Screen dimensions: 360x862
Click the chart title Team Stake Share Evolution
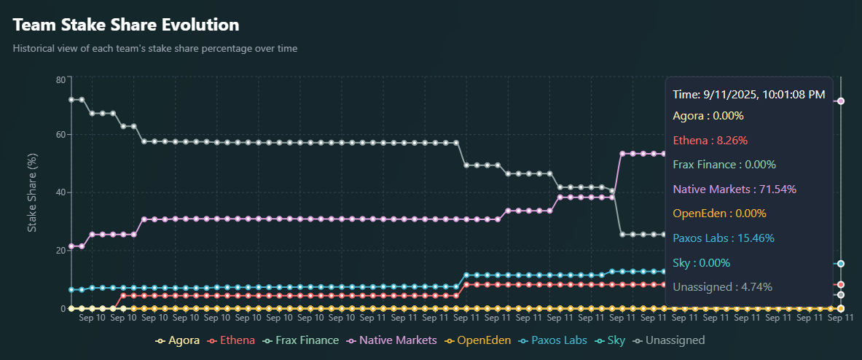[126, 25]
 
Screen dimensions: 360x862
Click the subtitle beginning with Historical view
[155, 49]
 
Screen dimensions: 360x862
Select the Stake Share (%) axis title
[32, 193]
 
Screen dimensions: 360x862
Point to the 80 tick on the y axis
[60, 79]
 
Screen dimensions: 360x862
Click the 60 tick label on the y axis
[60, 135]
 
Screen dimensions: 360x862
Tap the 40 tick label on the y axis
[60, 192]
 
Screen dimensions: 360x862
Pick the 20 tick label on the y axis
[60, 250]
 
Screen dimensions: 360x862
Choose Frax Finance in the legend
[301, 340]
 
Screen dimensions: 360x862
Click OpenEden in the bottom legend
[478, 340]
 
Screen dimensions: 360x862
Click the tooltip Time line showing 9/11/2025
[749, 95]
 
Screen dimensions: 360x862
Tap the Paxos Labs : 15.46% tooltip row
[723, 238]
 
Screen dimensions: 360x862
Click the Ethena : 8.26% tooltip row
[710, 140]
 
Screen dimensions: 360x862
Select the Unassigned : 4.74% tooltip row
[722, 287]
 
